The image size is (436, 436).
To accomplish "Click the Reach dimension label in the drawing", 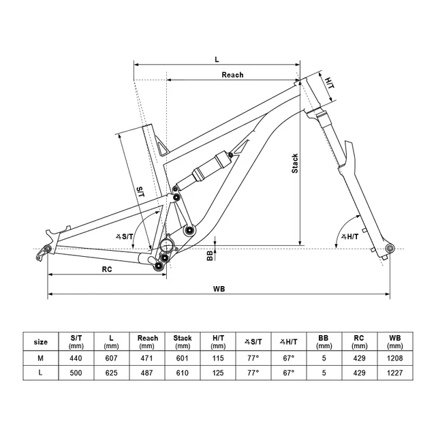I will pos(232,75).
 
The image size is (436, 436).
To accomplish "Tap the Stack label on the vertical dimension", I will pos(295,162).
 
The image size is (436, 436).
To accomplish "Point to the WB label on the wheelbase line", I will pos(219,289).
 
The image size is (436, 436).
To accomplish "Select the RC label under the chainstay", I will pos(106,268).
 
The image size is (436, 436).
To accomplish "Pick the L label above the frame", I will pos(217,59).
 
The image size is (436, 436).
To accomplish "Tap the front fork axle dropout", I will pos(389,248).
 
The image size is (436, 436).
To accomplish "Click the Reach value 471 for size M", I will pos(148,358).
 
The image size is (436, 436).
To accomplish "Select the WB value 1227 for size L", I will pos(395,374).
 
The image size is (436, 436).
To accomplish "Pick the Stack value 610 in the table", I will pos(183,374).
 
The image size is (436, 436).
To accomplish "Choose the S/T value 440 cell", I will pos(76,358).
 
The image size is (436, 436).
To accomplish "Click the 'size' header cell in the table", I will pos(41,341).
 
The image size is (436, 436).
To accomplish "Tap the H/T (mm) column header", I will pos(218,341).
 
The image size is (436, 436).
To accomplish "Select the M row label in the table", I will pos(41,358).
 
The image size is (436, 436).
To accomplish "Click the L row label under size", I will pos(41,374).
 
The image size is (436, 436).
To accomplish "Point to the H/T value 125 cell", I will pos(218,374).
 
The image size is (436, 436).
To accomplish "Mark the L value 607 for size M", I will pos(112,358).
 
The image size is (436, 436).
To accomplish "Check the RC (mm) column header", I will pos(360,341).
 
